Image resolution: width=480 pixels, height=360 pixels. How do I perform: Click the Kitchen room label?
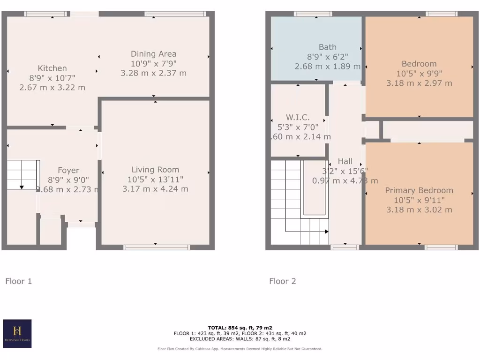pos(52,68)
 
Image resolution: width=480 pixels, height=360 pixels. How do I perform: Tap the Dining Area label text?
pos(153,54)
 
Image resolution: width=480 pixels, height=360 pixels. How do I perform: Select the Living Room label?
pos(155,170)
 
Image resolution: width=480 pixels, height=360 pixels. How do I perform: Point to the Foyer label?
pos(68,170)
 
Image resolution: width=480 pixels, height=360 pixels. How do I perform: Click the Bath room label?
pos(327,47)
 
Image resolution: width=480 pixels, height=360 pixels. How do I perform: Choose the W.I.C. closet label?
pos(299,117)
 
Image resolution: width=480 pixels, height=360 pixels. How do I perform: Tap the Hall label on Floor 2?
pos(345,161)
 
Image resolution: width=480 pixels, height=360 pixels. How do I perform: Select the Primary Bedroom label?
pos(419,190)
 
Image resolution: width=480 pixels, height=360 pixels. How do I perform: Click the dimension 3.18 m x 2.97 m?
pos(419,83)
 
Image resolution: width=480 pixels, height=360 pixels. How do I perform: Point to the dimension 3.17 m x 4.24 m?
pos(155,189)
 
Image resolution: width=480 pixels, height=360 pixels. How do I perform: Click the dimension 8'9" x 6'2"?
pos(327,57)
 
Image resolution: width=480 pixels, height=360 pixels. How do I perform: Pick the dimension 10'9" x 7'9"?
pos(153,63)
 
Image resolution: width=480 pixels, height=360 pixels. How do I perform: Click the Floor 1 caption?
pos(19,281)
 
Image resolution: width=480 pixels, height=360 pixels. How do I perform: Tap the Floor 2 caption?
pos(283,281)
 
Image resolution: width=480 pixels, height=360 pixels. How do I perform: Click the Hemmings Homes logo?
pos(17,333)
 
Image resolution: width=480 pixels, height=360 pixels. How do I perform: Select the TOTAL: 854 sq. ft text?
pos(240,328)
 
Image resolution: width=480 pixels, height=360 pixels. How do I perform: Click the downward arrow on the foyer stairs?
pos(22,187)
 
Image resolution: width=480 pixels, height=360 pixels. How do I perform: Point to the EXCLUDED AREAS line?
pos(240,338)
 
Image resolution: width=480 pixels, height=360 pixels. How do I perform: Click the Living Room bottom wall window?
pos(157,247)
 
